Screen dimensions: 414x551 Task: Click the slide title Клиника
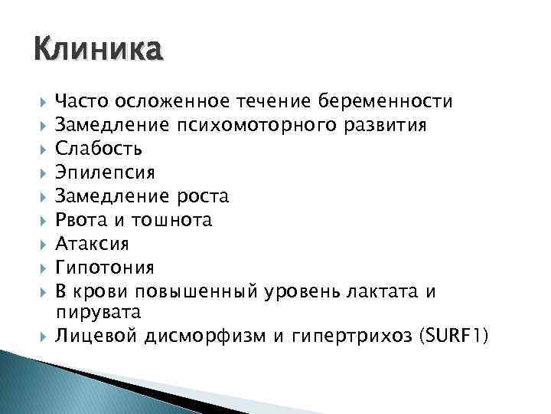[x=98, y=51]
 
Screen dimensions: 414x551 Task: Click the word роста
[x=201, y=196]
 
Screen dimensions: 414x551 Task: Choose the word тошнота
[x=171, y=220]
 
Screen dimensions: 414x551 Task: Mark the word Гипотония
[x=106, y=268]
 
